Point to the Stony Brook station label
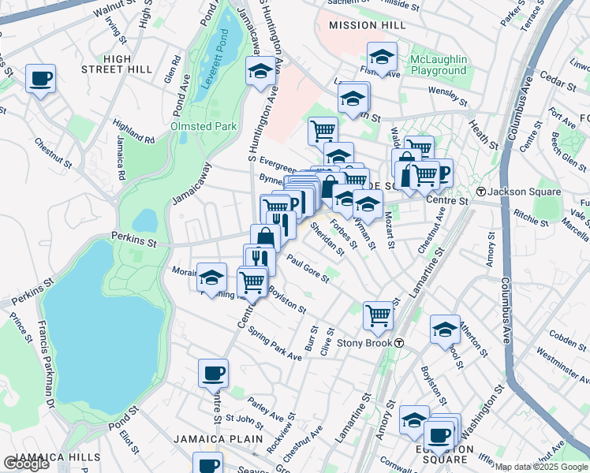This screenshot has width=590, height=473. (364, 343)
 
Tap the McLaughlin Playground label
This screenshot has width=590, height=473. (439, 65)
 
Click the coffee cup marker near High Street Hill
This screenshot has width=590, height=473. (40, 79)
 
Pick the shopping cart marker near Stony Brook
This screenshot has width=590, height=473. (378, 315)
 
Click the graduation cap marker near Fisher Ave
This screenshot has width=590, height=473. (382, 58)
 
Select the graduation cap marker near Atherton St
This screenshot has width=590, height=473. (445, 330)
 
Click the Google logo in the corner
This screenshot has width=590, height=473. (26, 463)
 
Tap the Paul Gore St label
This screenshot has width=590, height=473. (307, 266)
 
